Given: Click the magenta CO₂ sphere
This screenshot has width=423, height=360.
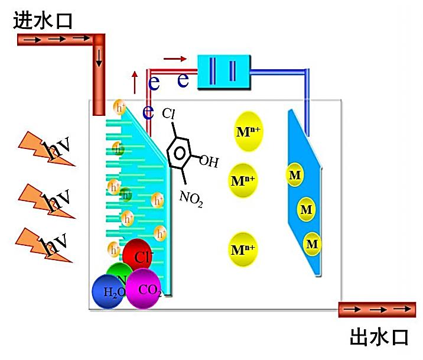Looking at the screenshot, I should [144, 288].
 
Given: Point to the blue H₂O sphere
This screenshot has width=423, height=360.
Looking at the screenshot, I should [109, 291].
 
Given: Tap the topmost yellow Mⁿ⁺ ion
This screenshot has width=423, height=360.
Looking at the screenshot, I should [244, 131].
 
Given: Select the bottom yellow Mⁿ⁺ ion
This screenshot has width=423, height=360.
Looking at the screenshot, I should [243, 249].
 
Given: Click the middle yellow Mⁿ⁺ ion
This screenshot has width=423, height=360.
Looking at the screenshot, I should [243, 179].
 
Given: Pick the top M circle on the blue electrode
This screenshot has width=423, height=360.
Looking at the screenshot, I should [295, 174].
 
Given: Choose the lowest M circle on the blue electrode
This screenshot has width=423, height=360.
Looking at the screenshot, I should [313, 244].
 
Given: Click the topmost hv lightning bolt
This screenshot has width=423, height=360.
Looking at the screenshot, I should [47, 147].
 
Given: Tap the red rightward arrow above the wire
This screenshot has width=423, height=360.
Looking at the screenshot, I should [175, 59].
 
